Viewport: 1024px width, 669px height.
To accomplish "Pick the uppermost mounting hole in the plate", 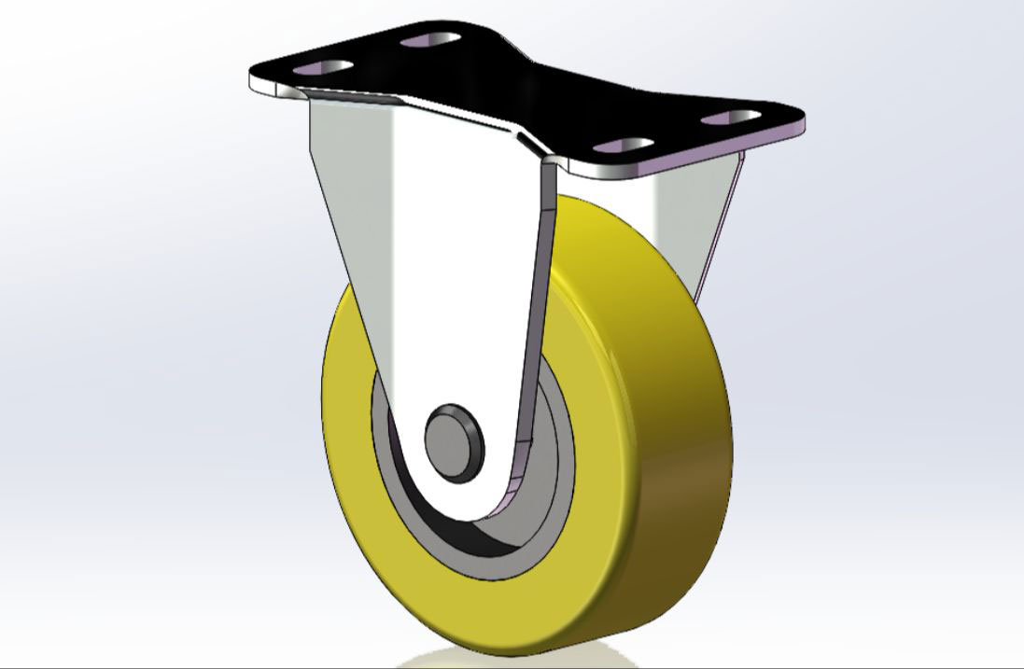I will click(430, 40).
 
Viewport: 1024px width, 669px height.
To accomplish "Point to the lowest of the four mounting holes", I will click(623, 146).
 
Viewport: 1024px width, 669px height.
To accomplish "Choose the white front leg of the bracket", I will click(439, 280).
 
